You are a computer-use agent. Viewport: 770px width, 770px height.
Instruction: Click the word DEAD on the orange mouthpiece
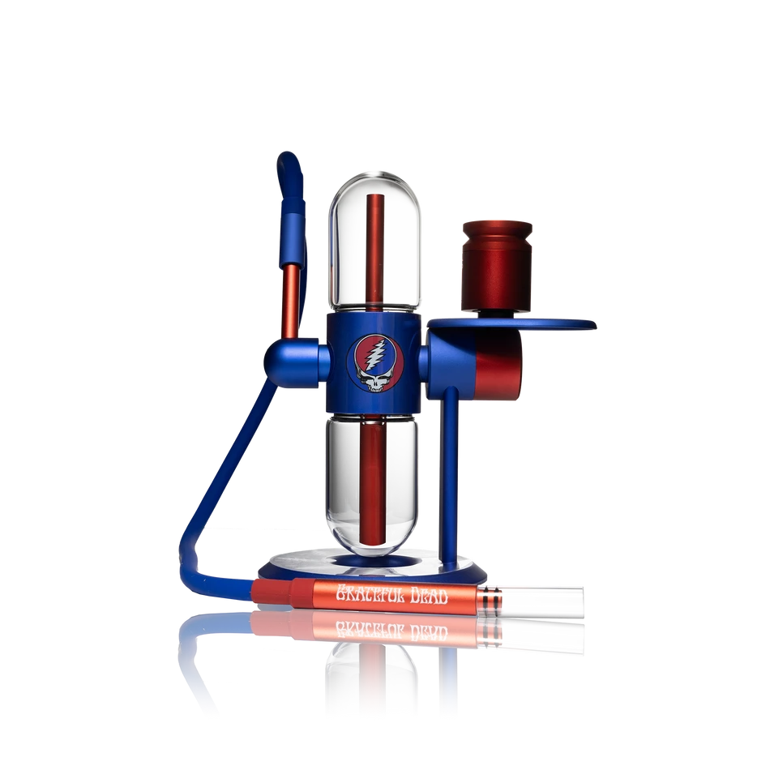[429, 597]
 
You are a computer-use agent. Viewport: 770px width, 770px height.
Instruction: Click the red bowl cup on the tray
[497, 266]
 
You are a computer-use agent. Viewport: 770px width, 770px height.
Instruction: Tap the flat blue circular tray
[511, 323]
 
